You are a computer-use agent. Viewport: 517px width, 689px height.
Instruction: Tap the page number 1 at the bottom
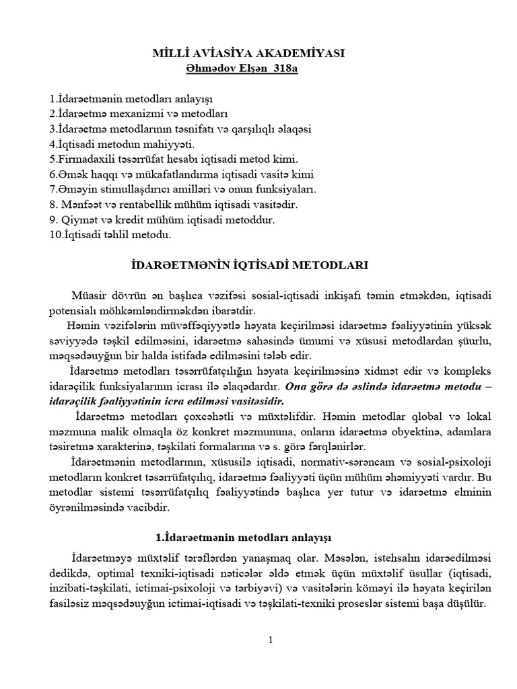point(270,640)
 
